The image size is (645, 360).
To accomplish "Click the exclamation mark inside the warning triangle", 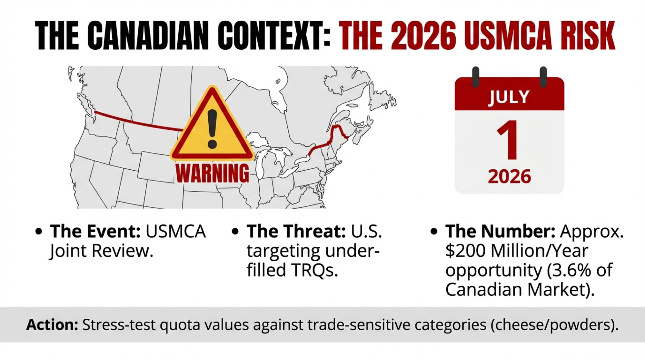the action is click(x=212, y=129).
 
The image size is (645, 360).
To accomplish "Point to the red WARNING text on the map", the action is click(x=213, y=174).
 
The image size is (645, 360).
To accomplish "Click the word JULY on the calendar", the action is click(x=509, y=97).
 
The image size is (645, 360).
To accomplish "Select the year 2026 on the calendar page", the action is click(x=509, y=176).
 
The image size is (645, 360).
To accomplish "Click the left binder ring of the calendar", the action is click(x=475, y=77).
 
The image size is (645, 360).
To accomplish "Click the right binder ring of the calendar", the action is click(x=543, y=77).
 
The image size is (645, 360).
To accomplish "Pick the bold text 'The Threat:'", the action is click(x=296, y=231).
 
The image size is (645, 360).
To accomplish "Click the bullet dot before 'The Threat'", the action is click(x=235, y=232).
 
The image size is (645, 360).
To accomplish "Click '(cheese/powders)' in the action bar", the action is click(x=554, y=325).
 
